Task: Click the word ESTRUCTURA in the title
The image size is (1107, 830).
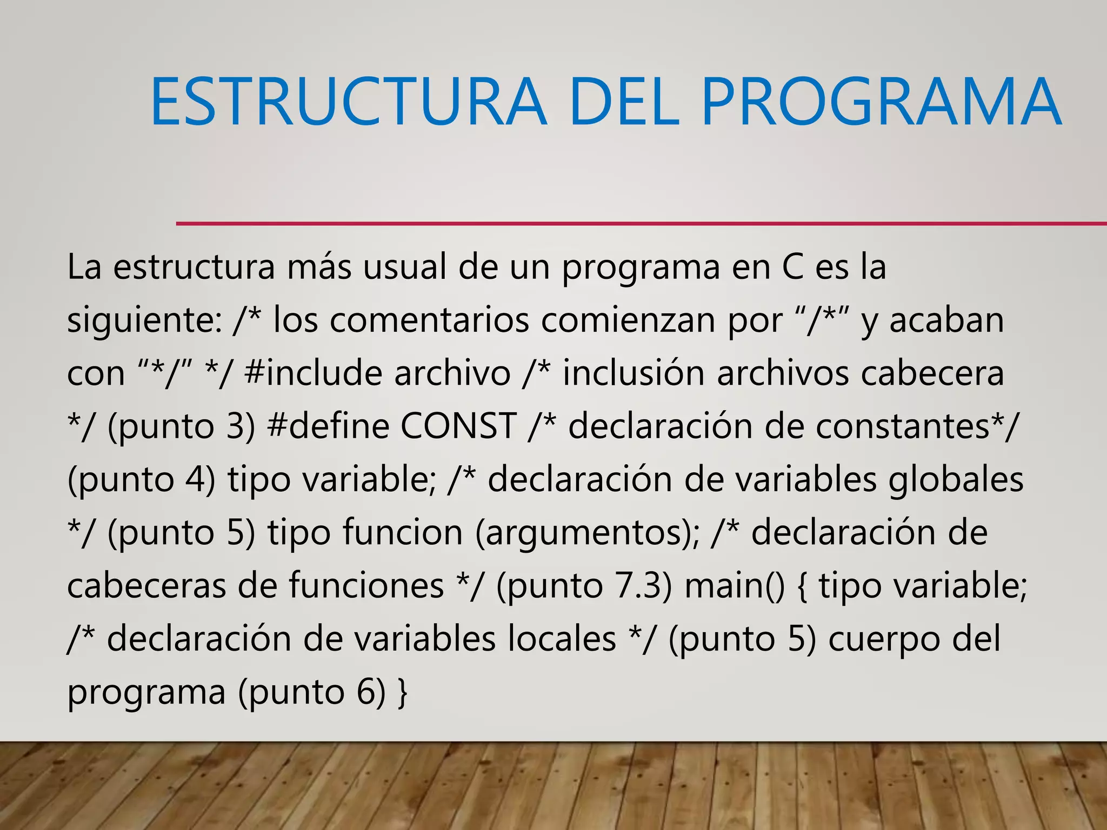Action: [x=349, y=102]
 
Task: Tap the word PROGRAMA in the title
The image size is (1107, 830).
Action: [x=881, y=102]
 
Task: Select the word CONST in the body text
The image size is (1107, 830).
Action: [x=458, y=426]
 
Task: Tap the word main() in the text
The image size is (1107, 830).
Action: [x=735, y=586]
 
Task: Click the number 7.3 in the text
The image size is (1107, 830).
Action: [x=637, y=586]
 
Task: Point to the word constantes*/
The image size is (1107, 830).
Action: [x=916, y=426]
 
